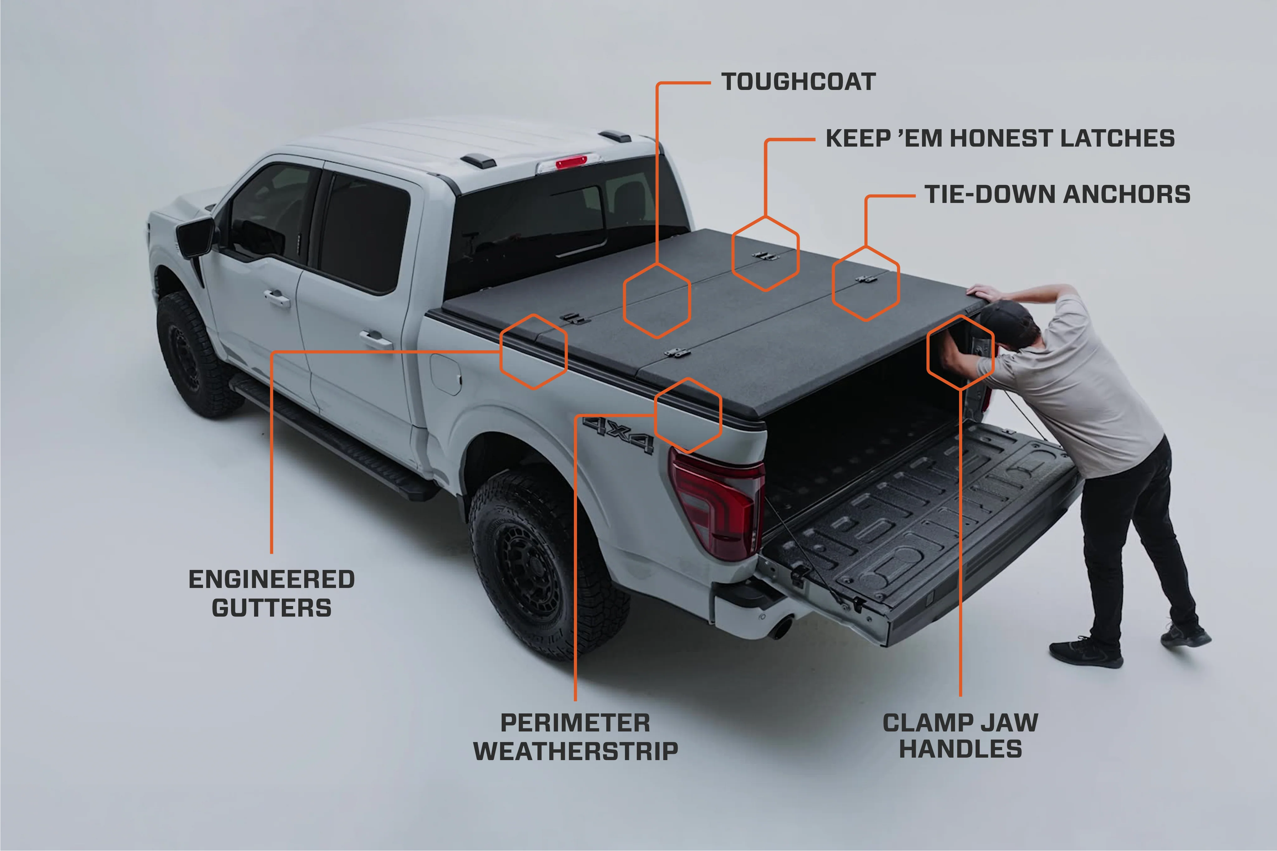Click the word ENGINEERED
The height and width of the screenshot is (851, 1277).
tap(272, 579)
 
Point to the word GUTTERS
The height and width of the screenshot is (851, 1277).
tap(272, 608)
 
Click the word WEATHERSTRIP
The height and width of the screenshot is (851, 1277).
tap(575, 751)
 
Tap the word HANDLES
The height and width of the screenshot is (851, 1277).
tap(960, 749)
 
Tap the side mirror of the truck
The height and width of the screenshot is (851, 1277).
tap(196, 237)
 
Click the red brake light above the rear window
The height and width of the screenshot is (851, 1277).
tap(571, 162)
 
